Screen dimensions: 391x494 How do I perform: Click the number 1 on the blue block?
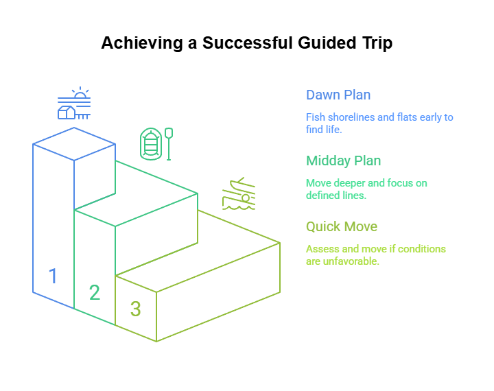coord(51,279)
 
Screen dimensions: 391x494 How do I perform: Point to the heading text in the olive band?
coord(340,226)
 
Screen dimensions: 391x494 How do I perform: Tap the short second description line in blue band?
coord(322,135)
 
